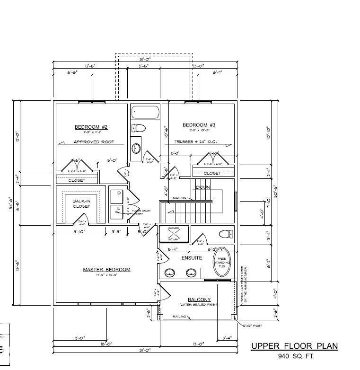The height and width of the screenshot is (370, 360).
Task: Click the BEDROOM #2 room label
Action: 91,127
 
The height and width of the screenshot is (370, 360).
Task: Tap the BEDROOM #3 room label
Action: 199,125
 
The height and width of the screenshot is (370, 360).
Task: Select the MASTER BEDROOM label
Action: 106,270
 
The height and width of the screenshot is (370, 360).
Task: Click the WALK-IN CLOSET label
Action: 82,203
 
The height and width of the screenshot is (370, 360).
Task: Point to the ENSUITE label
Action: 192,258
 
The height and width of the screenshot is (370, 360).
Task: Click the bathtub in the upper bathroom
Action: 145,113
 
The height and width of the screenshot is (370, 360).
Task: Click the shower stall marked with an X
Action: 173,235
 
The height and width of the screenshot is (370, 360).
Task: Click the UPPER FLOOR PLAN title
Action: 294,346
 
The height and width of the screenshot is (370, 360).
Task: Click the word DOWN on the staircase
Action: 202,187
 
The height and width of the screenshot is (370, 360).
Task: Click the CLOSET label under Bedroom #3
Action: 212,173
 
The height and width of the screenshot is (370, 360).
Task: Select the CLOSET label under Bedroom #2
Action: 77,180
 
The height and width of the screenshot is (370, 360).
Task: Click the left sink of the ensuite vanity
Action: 169,272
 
